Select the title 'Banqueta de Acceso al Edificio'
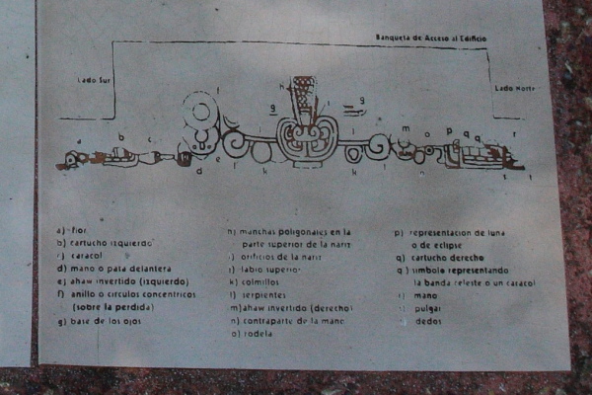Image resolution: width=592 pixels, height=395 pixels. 430,38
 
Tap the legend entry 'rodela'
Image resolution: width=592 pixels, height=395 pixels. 255,334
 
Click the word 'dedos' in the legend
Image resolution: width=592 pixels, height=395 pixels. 426,321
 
